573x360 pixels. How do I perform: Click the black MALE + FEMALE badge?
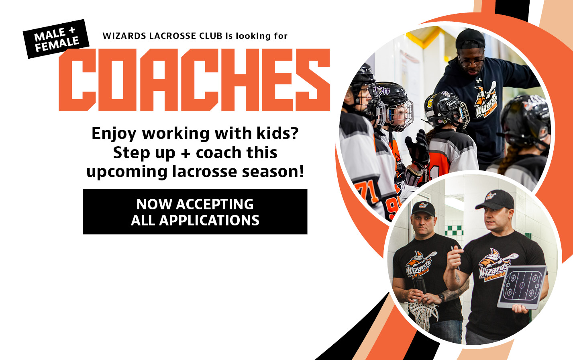coord(56,39)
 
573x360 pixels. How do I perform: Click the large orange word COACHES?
coord(194,80)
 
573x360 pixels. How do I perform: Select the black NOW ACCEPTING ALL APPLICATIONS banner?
coord(195,212)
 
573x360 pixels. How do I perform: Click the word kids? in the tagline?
coord(278,133)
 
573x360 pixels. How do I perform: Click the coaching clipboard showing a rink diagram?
coord(522,287)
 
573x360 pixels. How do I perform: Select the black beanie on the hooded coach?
coord(470,39)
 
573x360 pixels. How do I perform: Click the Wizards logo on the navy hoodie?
coord(486,101)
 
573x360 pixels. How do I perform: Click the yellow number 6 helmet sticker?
coord(430,103)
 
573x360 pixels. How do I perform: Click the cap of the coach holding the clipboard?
coord(495,200)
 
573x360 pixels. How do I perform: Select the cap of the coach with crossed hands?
coord(423,209)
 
